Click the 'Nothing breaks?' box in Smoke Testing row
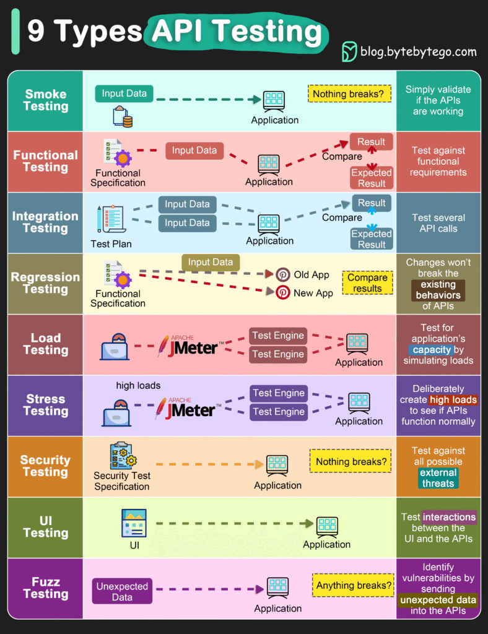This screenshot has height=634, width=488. [348, 94]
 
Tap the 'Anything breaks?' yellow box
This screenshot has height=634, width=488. [354, 585]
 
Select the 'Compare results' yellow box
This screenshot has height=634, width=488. [367, 283]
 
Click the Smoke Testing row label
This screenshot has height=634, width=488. [45, 100]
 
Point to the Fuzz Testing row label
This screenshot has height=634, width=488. [45, 588]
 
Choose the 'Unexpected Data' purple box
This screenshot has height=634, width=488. [122, 591]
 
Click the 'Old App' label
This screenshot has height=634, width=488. [312, 275]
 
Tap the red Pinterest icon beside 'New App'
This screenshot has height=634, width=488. [283, 293]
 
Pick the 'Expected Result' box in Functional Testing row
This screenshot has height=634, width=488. [372, 178]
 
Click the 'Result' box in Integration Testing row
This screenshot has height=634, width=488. [372, 203]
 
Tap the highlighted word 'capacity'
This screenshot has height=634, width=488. [432, 350]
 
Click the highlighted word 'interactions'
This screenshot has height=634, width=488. [449, 517]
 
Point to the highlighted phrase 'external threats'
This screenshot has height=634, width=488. [438, 478]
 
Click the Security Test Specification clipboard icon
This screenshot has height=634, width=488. [123, 456]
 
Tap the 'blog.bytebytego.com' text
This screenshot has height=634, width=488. [418, 52]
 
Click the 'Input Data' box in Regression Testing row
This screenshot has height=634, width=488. [210, 263]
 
